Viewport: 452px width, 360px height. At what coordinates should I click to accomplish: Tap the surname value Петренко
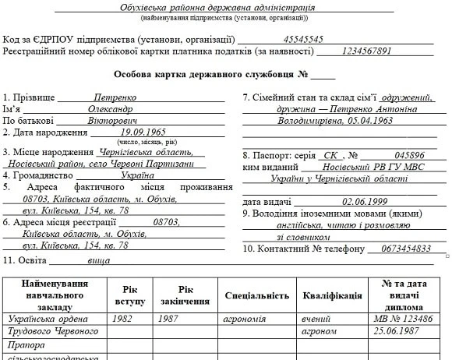115,98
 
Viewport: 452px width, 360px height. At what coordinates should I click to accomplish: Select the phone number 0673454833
401,249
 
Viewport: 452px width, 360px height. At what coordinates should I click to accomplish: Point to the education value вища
98,261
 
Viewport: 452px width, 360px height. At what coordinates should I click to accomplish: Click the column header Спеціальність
256,295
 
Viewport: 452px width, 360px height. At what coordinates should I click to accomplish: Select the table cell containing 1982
122,319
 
